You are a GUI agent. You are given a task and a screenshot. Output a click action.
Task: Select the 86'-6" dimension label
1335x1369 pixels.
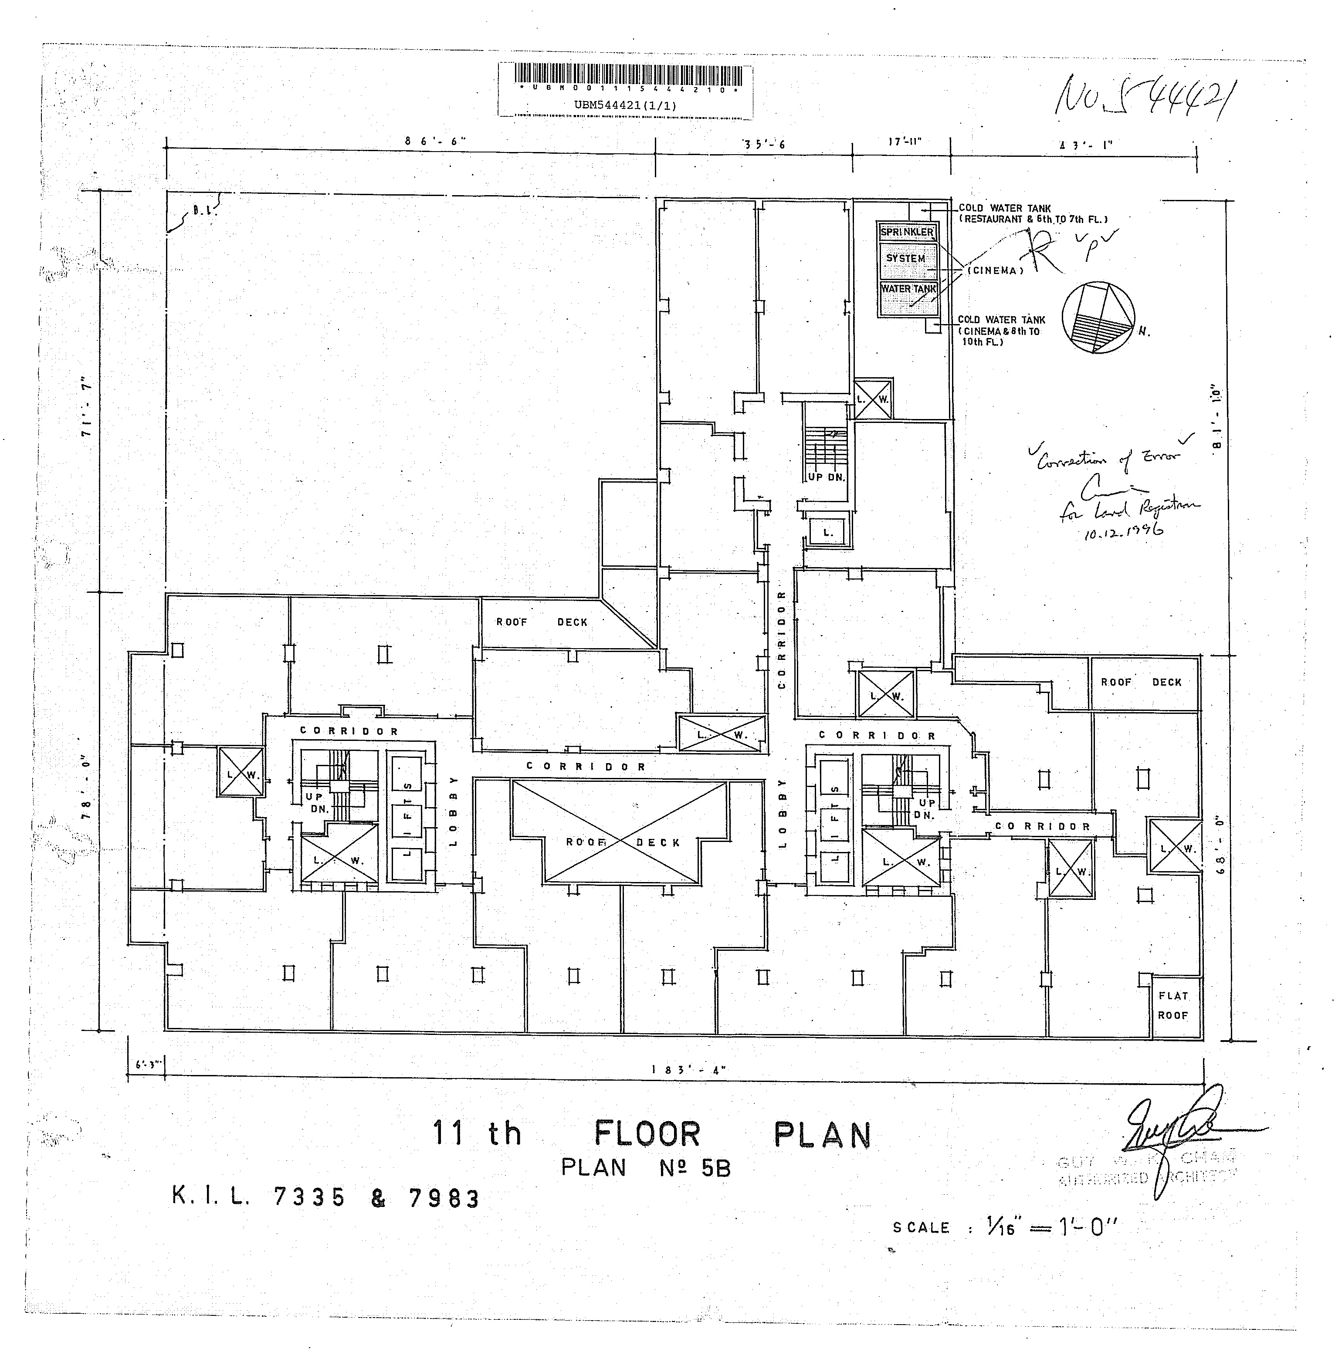pos(435,141)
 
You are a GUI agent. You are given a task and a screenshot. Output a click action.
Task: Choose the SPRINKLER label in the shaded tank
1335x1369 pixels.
pos(907,232)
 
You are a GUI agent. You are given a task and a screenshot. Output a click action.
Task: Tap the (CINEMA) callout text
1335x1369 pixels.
pos(995,270)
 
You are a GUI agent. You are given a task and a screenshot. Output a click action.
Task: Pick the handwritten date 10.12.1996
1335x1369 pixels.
pos(1122,532)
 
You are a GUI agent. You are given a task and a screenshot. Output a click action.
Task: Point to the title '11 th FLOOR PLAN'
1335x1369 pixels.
pos(651,1133)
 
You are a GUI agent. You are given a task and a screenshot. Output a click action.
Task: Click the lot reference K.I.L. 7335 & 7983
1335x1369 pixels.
pos(325,1198)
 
